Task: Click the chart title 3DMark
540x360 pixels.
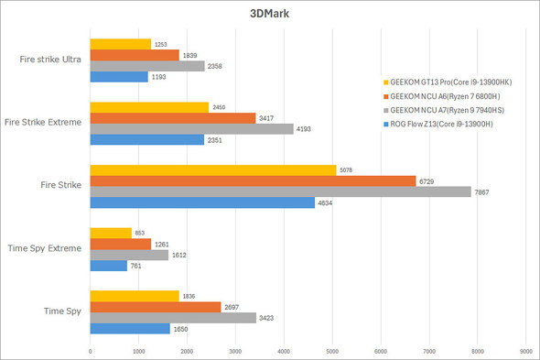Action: click(x=269, y=15)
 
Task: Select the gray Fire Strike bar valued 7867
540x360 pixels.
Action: click(x=280, y=191)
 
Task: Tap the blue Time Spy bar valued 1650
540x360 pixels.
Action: click(x=129, y=328)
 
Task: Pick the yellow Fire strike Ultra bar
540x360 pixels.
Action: click(x=120, y=44)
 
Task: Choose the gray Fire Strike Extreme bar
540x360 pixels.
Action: click(x=191, y=129)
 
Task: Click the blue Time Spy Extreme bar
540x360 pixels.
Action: click(x=108, y=266)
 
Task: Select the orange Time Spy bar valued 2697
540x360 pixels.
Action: click(x=155, y=307)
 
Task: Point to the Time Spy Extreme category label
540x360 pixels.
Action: click(x=48, y=248)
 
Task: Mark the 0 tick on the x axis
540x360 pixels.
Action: click(x=90, y=350)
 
